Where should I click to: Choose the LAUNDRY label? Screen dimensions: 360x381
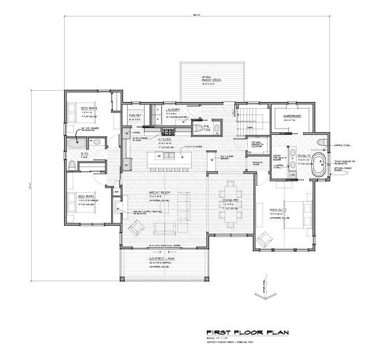[172, 109]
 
